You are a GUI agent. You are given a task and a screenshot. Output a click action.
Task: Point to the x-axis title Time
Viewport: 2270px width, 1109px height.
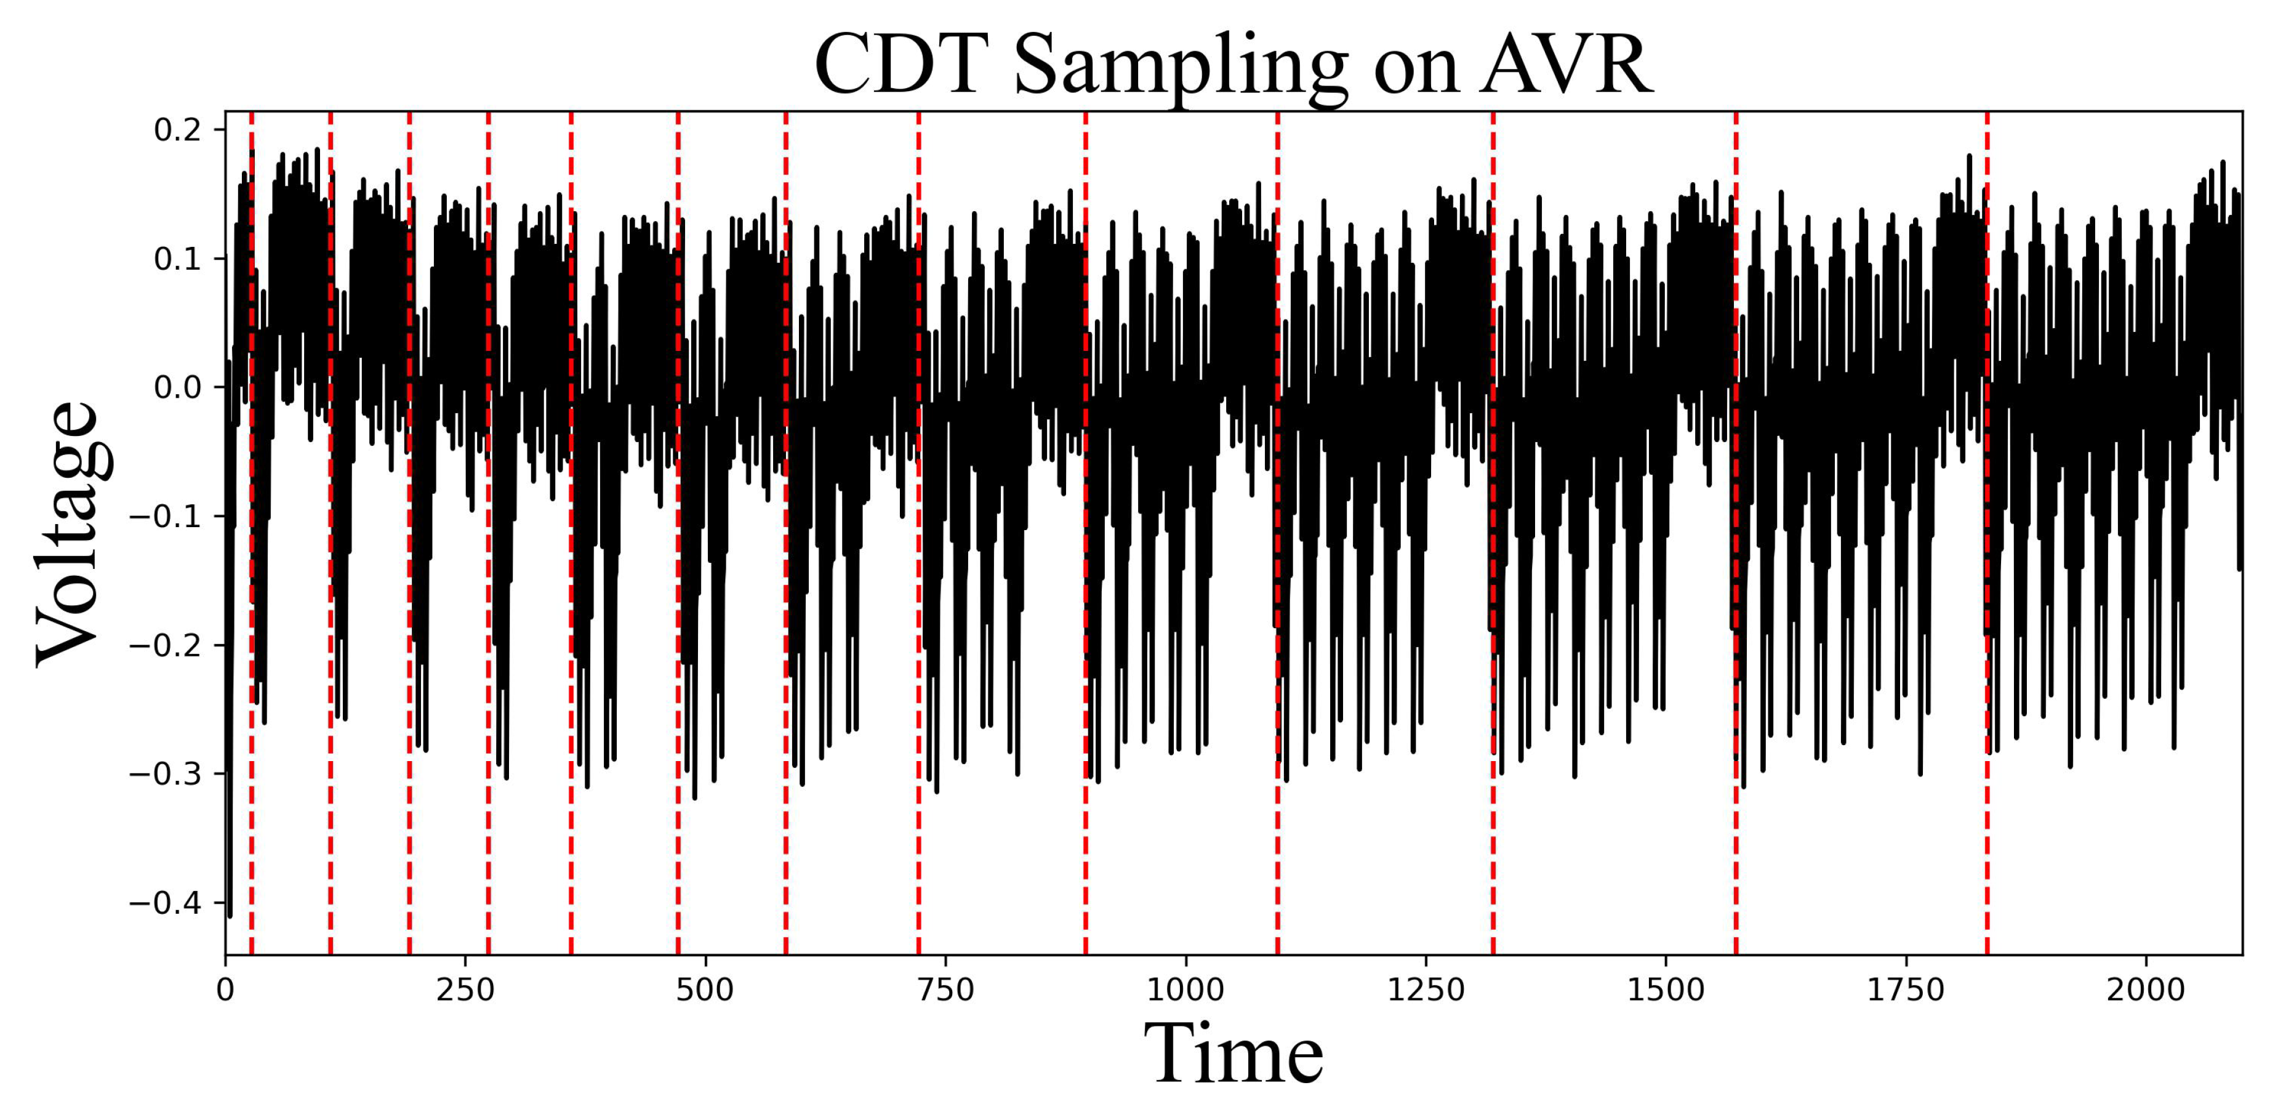click(x=1233, y=1054)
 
